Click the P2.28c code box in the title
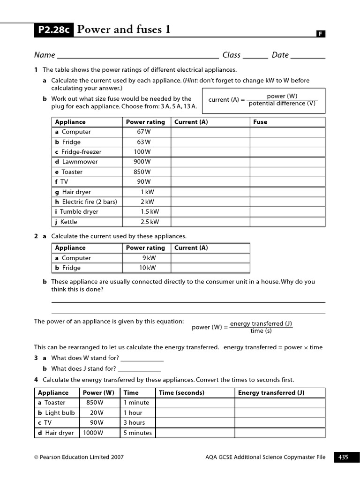click(x=53, y=30)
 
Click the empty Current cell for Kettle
click(x=210, y=222)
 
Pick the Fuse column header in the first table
click(x=260, y=122)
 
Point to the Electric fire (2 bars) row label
click(x=86, y=202)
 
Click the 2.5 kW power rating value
click(x=149, y=222)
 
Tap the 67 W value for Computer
click(x=144, y=132)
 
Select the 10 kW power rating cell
click(x=147, y=268)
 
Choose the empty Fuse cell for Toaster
click(x=287, y=172)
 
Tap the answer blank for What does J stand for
click(x=140, y=369)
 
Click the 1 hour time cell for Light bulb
click(x=133, y=412)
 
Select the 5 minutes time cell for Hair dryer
click(x=137, y=433)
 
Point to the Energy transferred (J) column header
click(x=271, y=393)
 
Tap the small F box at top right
click(x=321, y=34)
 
